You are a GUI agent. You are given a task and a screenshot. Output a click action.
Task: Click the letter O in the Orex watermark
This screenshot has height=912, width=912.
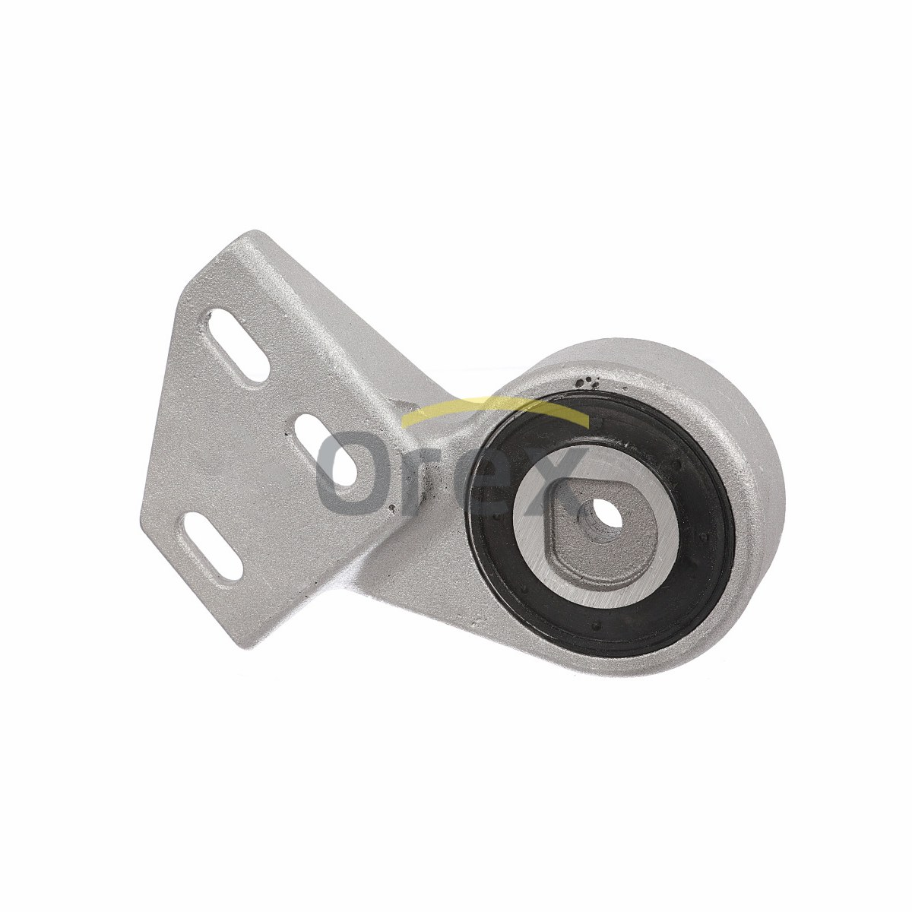point(349,473)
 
